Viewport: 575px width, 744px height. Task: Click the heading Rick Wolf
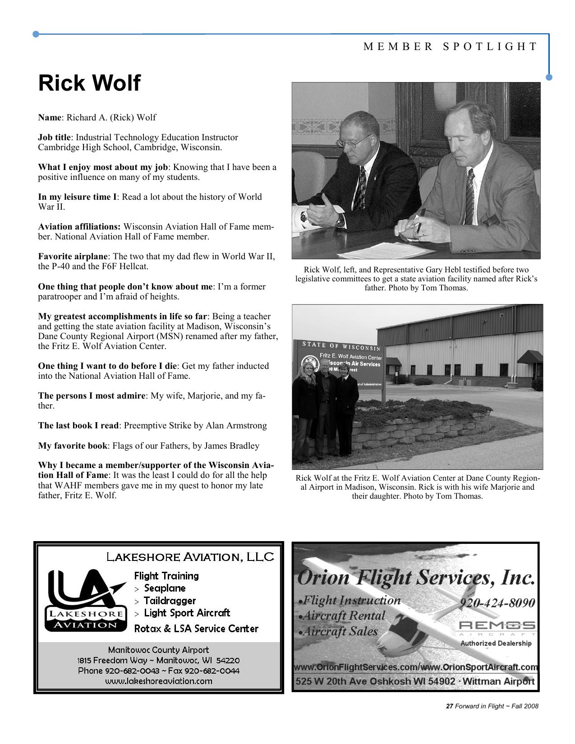pos(89,83)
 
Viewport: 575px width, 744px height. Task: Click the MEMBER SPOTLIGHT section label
pos(451,46)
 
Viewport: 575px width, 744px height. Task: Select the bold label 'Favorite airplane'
pos(74,257)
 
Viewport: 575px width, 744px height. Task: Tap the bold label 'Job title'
pos(54,137)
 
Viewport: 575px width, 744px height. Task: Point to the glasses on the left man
pos(354,142)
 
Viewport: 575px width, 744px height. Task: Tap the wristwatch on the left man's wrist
pos(340,220)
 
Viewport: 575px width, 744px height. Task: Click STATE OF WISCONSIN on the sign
pos(341,346)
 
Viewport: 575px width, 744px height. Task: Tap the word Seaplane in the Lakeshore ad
pos(165,588)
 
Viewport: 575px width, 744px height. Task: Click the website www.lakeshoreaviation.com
pos(158,681)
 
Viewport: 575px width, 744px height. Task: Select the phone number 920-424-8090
pos(497,603)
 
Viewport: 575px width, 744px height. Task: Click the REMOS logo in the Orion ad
pos(497,626)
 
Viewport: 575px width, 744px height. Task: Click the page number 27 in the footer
pos(449,706)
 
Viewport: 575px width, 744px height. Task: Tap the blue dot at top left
pos(36,34)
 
